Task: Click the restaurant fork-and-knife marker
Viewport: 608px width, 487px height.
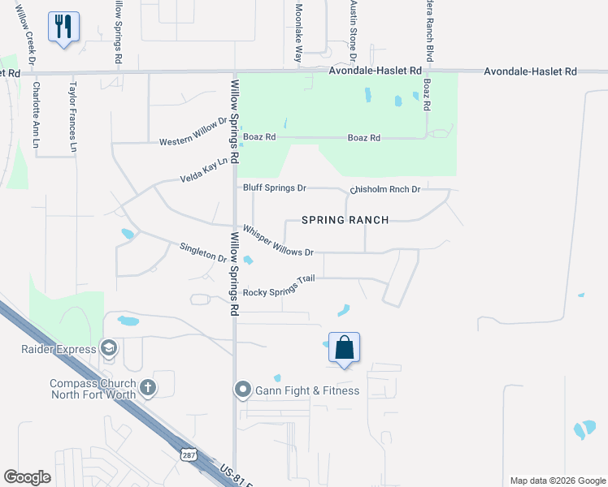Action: click(63, 27)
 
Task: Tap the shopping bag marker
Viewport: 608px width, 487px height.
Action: click(345, 347)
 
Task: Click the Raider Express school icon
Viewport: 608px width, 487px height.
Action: click(108, 348)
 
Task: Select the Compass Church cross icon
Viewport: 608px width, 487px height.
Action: click(147, 387)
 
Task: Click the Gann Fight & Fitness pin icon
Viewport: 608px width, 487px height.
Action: click(241, 390)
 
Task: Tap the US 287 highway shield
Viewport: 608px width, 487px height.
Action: click(188, 456)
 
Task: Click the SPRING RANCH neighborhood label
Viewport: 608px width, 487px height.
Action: click(345, 220)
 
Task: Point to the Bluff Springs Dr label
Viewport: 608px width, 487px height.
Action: click(275, 188)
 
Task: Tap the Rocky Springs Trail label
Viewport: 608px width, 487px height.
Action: click(279, 286)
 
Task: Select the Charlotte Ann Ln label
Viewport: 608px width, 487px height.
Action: click(35, 114)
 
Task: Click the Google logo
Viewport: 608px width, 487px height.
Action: click(28, 477)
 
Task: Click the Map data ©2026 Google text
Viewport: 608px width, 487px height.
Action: click(557, 481)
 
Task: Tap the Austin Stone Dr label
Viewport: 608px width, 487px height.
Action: click(354, 32)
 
